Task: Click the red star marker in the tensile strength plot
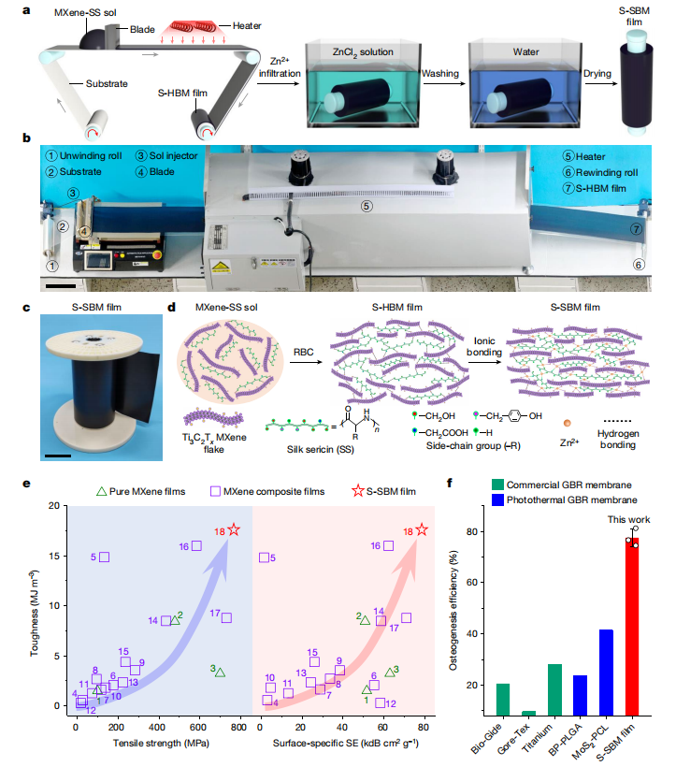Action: pyautogui.click(x=234, y=530)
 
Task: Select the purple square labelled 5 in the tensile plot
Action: pyautogui.click(x=105, y=557)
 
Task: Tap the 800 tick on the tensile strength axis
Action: pyautogui.click(x=238, y=725)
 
